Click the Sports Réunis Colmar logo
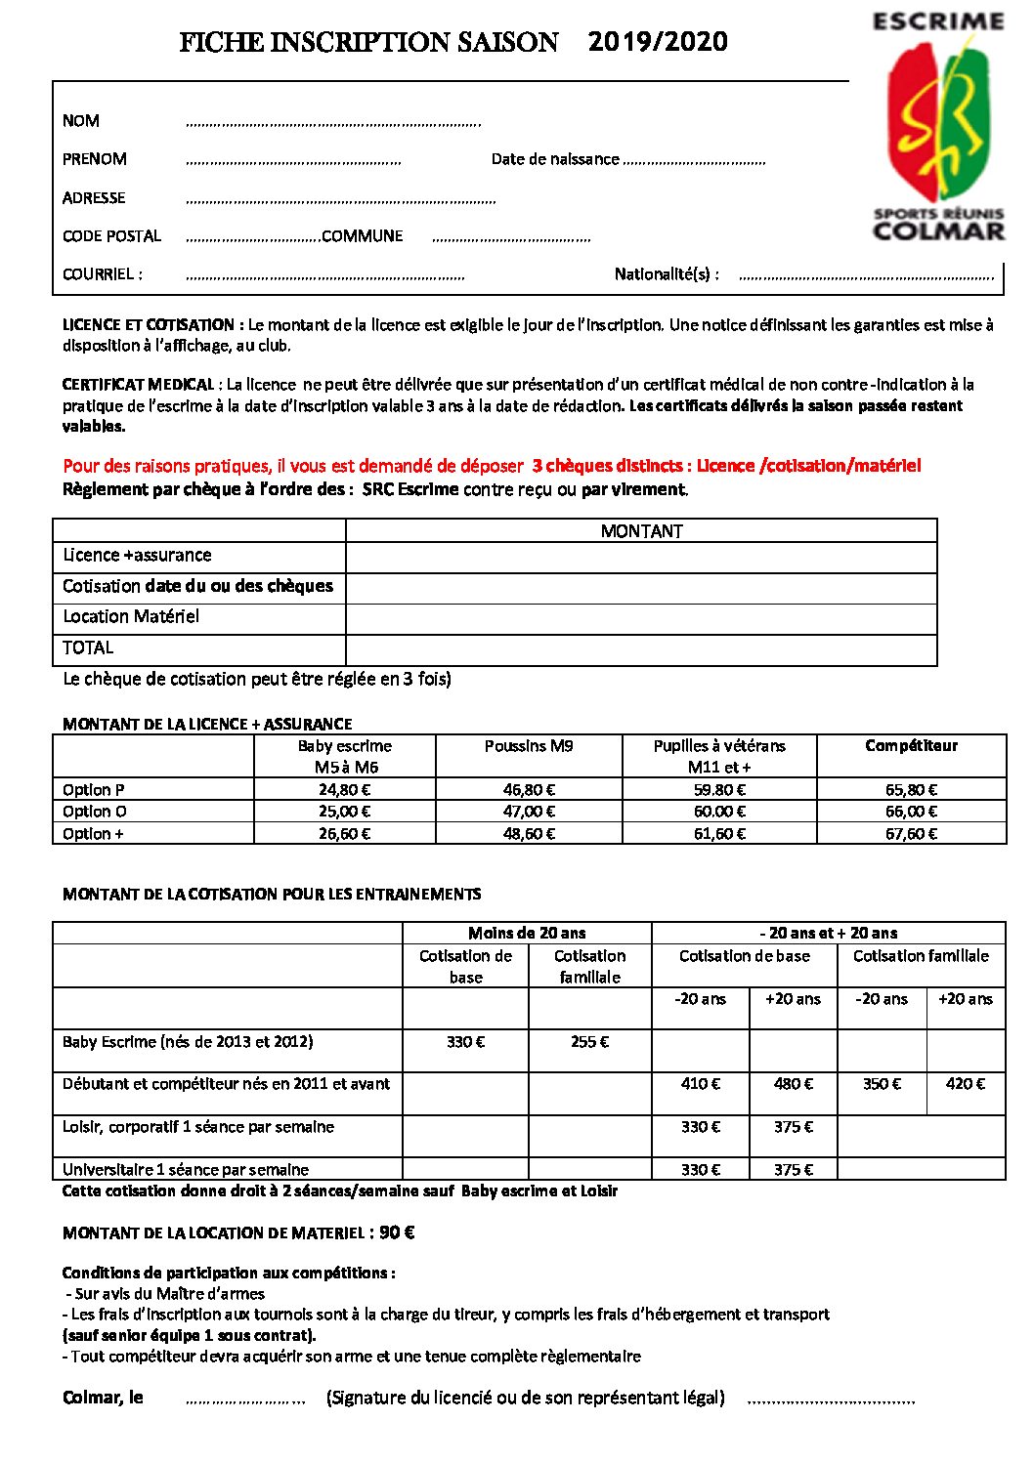938,126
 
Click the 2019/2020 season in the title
658,42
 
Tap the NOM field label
81,121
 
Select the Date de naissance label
555,159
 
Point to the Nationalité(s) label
667,274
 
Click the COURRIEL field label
102,274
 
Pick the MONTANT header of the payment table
641,531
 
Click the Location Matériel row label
131,617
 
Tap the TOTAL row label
88,647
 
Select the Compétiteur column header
911,746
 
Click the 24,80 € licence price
344,790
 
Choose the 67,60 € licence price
911,834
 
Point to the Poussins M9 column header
529,746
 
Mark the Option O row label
95,812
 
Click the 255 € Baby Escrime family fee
589,1042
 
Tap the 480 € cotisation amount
793,1084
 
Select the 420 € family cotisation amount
966,1084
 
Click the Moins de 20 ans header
527,933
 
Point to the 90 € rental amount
397,1232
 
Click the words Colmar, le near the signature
103,1398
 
